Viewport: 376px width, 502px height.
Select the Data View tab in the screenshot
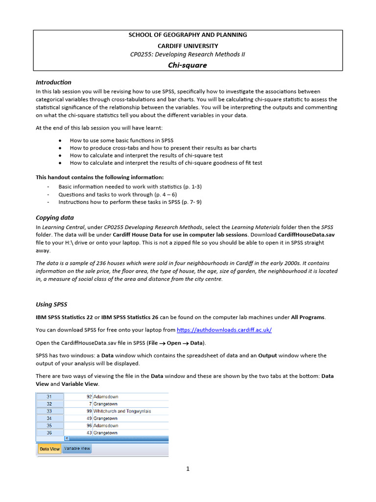pos(49,449)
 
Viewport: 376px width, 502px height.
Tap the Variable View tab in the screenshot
pos(76,449)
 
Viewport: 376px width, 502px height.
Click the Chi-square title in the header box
pos(188,65)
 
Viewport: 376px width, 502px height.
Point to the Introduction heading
pos(53,82)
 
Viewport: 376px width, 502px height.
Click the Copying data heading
pos(55,217)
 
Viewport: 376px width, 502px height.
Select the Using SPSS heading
pos(51,304)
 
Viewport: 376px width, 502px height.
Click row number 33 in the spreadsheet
pos(49,411)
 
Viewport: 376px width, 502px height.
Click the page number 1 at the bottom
pos(188,469)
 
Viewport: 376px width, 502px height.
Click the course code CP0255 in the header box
pos(142,54)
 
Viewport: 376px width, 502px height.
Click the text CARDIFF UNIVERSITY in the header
pos(188,45)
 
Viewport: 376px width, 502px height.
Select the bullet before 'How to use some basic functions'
pos(60,140)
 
